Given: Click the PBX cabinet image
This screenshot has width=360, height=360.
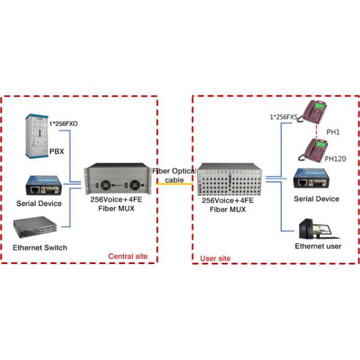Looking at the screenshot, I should pyautogui.click(x=30, y=137).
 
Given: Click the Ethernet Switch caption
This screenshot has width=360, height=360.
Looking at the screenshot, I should pyautogui.click(x=40, y=248).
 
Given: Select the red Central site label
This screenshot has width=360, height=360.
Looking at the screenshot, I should pyautogui.click(x=128, y=257).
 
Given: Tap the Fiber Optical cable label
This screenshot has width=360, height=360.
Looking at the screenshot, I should pyautogui.click(x=173, y=175).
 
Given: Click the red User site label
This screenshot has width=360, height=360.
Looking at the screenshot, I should pyautogui.click(x=215, y=258).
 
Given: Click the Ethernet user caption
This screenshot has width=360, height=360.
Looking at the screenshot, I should pyautogui.click(x=317, y=247).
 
